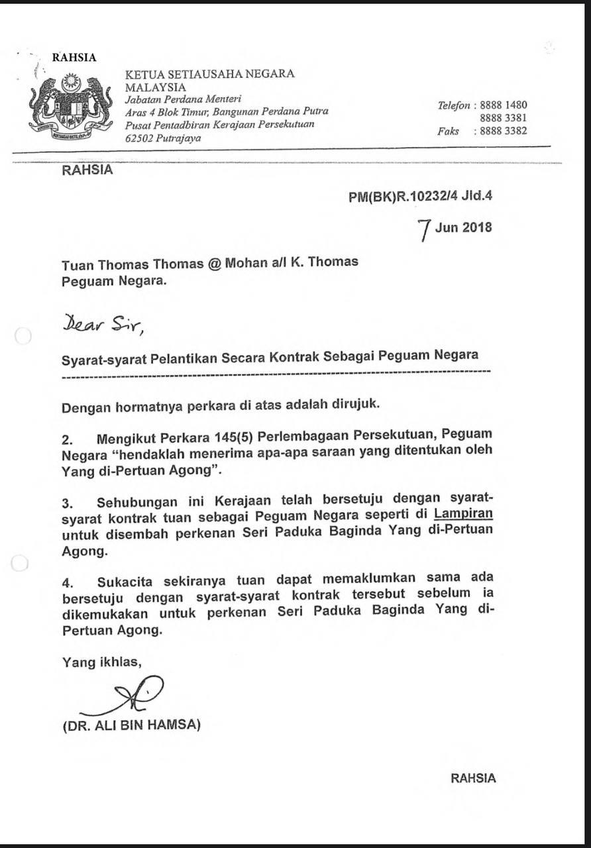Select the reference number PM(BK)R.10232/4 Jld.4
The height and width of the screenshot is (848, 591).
pos(421,196)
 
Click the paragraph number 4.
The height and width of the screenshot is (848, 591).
pos(66,583)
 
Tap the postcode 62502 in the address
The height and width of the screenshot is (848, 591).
pos(140,138)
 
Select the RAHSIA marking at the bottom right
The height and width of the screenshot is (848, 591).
pos(473,778)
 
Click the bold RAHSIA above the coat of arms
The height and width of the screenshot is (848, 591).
pos(74,58)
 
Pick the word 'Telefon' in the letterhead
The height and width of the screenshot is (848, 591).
pos(454,105)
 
